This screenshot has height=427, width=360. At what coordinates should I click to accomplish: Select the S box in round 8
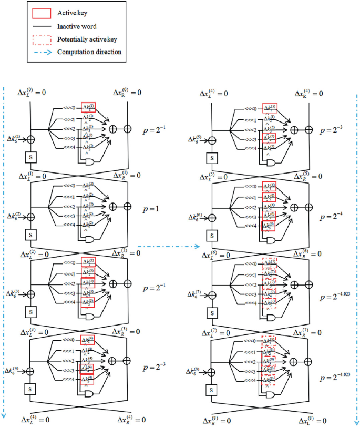(x=211, y=390)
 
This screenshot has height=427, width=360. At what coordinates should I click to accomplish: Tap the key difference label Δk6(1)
(x=14, y=139)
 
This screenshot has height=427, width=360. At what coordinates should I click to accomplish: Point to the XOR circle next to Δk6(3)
(x=31, y=294)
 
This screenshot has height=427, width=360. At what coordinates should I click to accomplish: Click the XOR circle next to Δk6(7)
(x=211, y=294)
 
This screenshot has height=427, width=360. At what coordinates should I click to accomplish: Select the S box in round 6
(x=211, y=234)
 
